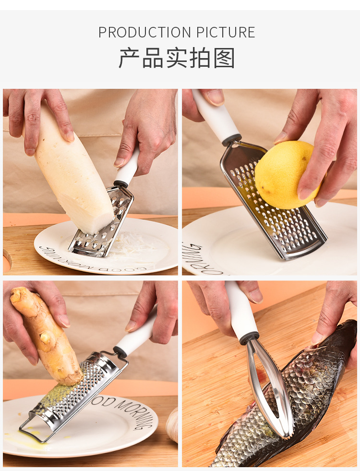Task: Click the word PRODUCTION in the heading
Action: coord(139,33)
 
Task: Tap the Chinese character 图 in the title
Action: coord(225,58)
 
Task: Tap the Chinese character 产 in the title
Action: coord(129,58)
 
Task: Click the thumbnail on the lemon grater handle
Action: coord(216,97)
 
